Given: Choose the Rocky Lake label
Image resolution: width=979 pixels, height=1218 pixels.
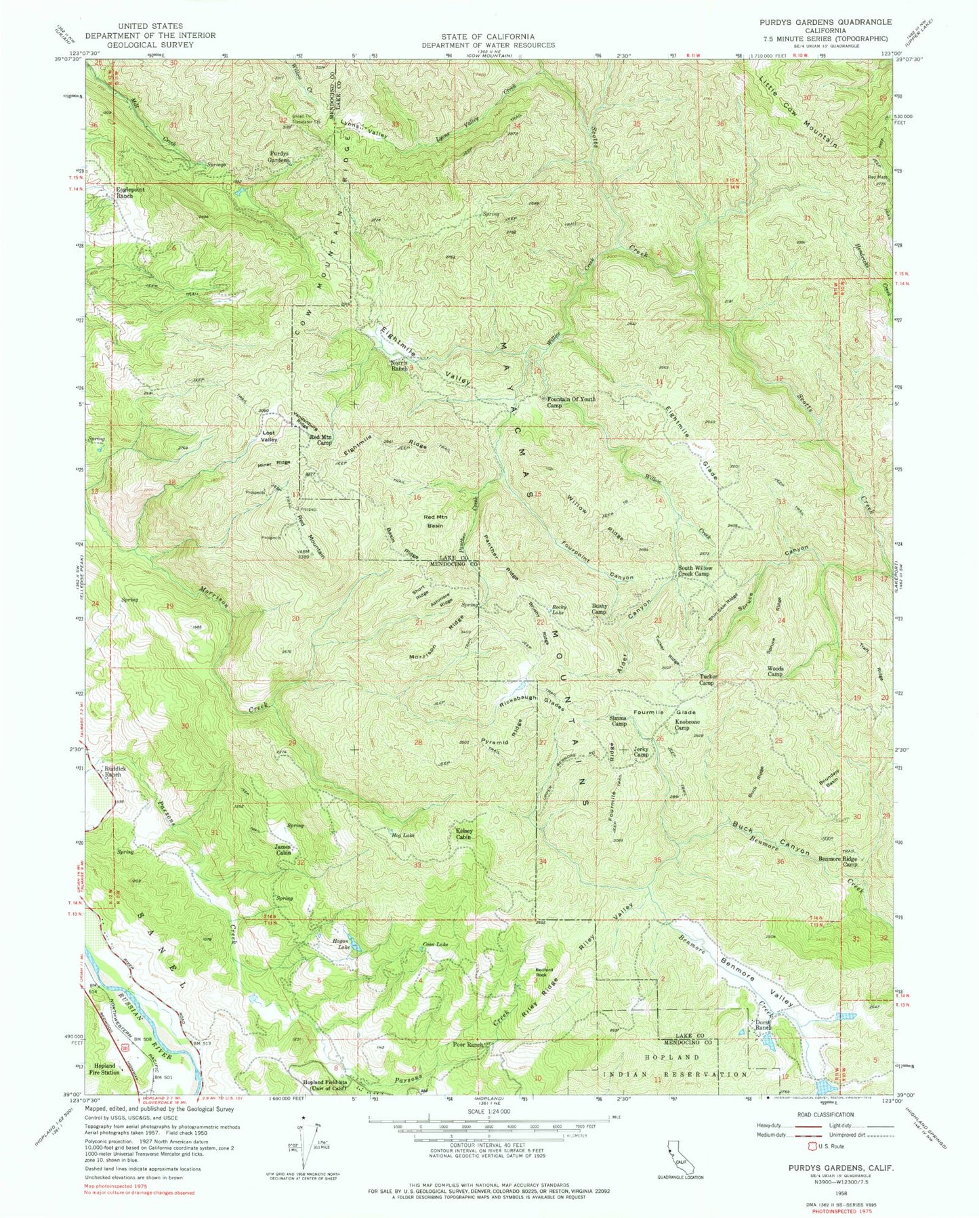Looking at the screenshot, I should pyautogui.click(x=560, y=610).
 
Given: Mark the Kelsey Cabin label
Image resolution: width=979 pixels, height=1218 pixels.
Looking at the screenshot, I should pyautogui.click(x=463, y=833).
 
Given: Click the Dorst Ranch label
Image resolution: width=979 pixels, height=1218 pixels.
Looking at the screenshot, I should pyautogui.click(x=763, y=1024).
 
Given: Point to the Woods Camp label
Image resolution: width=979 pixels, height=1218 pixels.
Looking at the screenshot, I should pyautogui.click(x=775, y=671).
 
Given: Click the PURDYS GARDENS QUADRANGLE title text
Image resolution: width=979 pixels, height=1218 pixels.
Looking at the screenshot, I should pyautogui.click(x=821, y=22).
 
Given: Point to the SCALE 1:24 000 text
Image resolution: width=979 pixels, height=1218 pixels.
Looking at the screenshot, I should pyautogui.click(x=489, y=1112).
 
